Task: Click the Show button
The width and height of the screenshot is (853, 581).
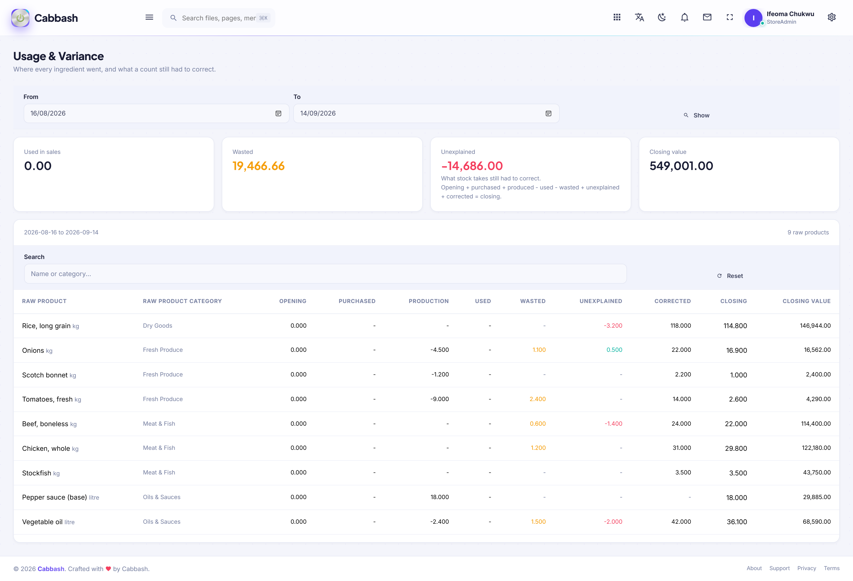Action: point(696,115)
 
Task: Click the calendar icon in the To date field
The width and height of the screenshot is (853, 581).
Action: point(548,114)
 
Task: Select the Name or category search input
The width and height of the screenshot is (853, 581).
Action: point(325,274)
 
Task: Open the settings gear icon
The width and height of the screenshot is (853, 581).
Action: point(832,17)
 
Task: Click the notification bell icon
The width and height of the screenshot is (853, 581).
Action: point(685,17)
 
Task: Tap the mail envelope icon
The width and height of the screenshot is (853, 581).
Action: point(707,17)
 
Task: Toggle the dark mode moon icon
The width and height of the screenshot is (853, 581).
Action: point(662,17)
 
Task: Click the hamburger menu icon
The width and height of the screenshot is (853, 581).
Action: point(149,17)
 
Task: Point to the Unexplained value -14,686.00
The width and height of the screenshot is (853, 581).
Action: point(472,166)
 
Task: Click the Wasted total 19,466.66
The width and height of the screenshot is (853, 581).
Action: point(259,166)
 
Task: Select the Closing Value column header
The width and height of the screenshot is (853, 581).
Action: point(806,301)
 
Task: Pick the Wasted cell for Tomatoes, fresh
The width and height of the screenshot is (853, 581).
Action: point(537,399)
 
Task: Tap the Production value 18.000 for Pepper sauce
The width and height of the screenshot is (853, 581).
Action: point(440,497)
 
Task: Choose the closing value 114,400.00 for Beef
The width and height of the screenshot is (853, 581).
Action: point(816,424)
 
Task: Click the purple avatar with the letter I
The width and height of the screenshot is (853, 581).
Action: point(753,18)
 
